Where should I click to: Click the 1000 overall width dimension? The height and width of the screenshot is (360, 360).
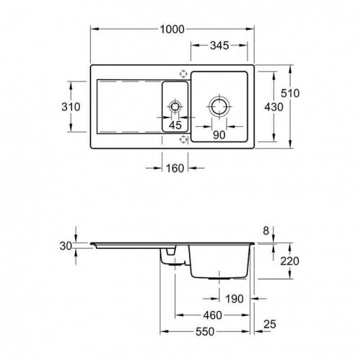tap(172, 30)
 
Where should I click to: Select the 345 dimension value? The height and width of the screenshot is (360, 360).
tap(219, 45)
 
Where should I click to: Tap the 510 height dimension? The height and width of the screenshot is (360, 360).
tap(290, 93)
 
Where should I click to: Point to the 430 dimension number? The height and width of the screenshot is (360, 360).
tap(274, 107)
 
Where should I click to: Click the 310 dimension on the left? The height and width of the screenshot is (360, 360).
tap(71, 107)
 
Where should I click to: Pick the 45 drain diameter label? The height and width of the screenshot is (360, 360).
tap(175, 126)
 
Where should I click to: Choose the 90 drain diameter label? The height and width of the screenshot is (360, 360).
tap(219, 135)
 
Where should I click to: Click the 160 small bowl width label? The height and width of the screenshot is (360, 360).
tap(175, 168)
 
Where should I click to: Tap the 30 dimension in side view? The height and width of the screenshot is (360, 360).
tap(66, 246)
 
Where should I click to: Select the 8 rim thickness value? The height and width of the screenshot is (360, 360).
tap(265, 231)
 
